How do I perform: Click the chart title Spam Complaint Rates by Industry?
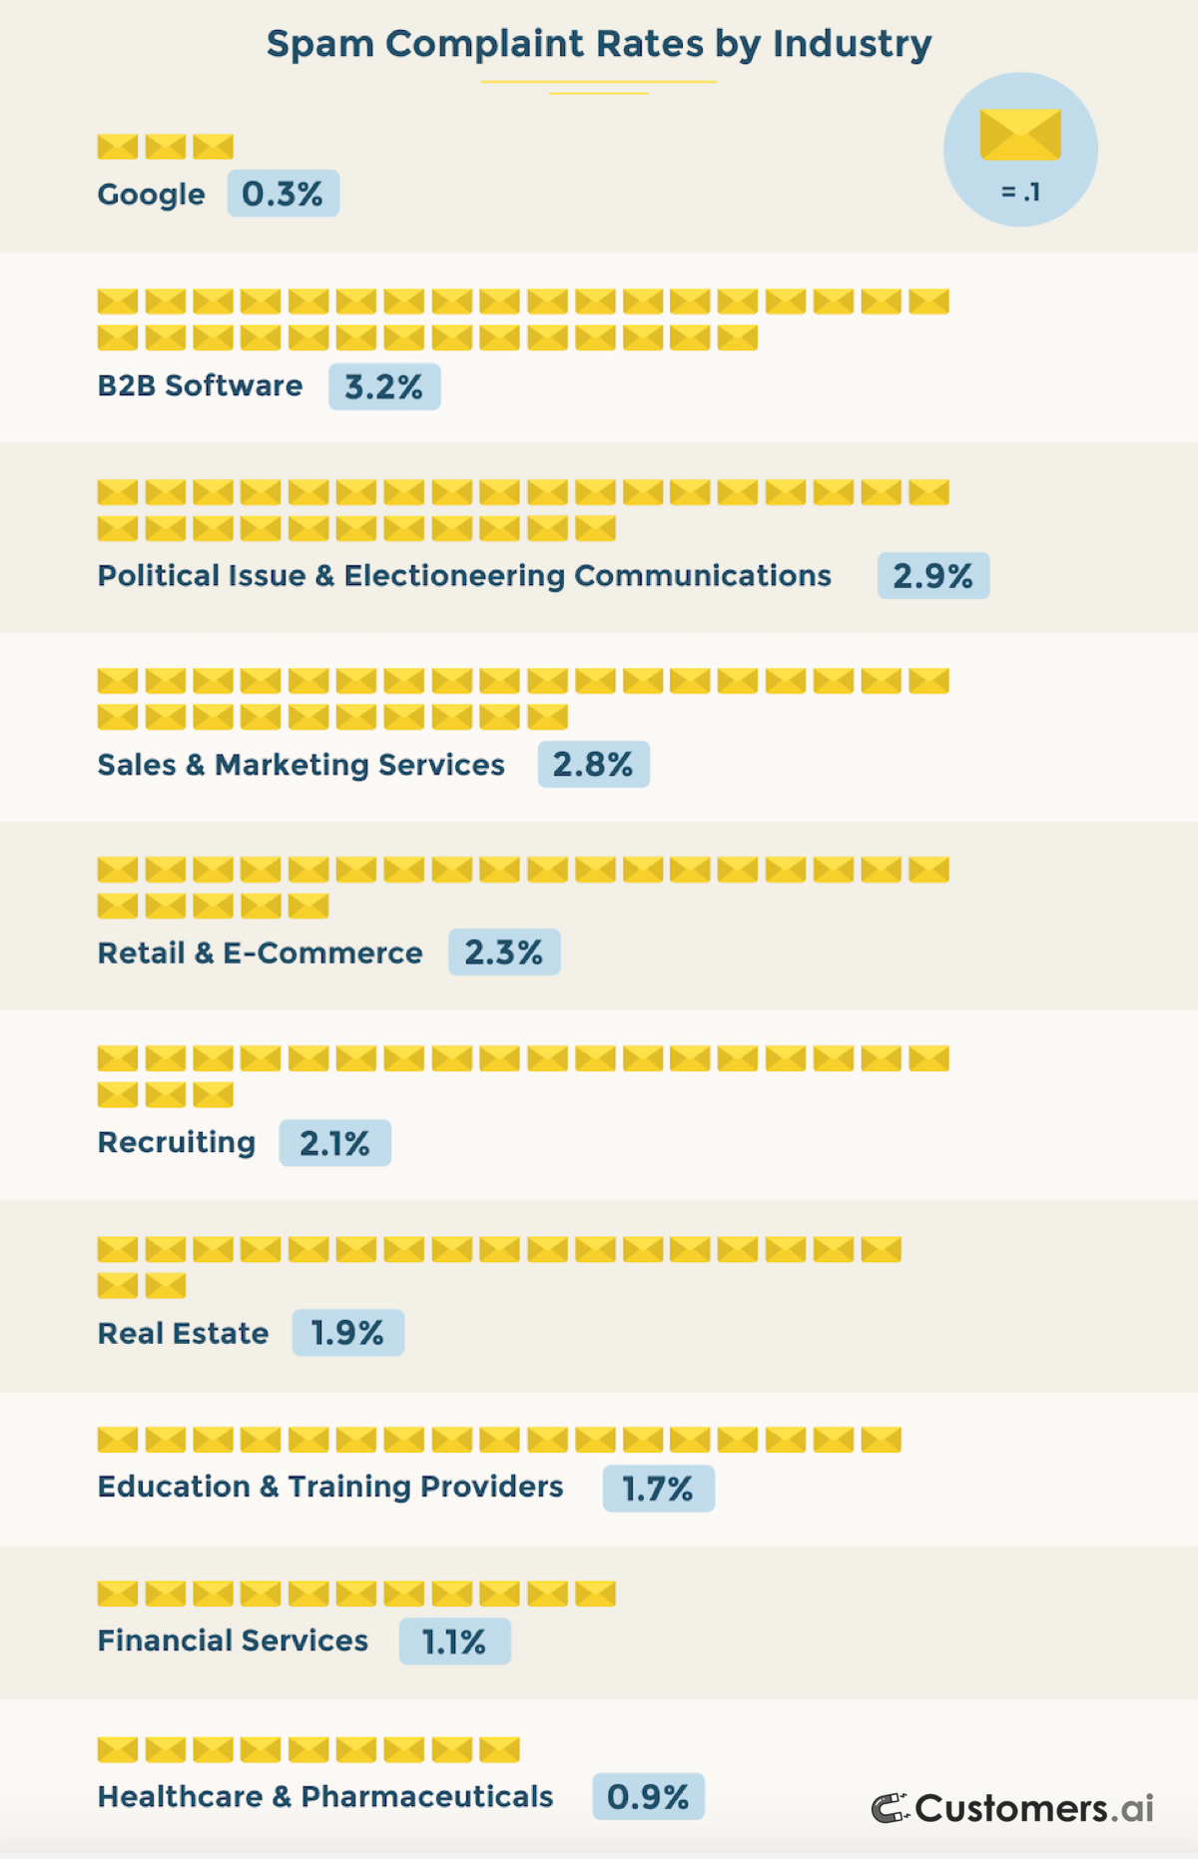599,45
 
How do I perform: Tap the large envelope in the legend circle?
1019,135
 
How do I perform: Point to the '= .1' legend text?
1020,192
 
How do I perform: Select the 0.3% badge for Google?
283,194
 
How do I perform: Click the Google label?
151,195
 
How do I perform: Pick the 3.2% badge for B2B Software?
384,386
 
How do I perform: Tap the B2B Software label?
200,385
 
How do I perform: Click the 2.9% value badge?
932,576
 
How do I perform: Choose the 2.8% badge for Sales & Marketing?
593,765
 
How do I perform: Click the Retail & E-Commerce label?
260,953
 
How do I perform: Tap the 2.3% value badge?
504,952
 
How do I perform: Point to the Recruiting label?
177,1142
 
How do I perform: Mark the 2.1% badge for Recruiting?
334,1143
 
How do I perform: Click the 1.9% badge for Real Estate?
347,1333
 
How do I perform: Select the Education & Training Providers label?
330,1487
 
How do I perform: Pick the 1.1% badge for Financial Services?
454,1641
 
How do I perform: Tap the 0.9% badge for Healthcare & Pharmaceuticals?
648,1797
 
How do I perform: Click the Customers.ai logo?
1013,1808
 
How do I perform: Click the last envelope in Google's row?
213,147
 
